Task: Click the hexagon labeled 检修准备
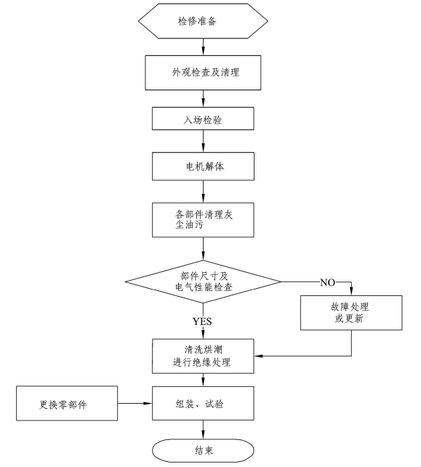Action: click(203, 21)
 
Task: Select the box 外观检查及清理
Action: click(203, 73)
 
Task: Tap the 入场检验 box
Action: click(203, 119)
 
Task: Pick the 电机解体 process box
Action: click(203, 166)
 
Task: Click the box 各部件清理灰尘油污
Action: click(203, 220)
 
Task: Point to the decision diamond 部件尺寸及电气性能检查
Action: click(203, 282)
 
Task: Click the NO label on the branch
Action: click(327, 282)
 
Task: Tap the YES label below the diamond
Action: click(202, 322)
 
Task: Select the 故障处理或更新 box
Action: click(351, 313)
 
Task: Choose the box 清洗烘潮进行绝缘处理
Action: click(203, 356)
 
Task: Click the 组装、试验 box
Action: click(203, 403)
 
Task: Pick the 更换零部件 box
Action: click(67, 403)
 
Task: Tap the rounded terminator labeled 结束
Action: click(203, 450)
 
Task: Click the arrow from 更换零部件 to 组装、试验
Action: click(135, 403)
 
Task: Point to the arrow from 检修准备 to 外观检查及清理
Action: click(204, 47)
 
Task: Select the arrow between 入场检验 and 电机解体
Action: click(204, 141)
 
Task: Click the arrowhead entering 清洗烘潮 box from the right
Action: click(258, 356)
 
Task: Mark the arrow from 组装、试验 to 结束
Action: click(204, 429)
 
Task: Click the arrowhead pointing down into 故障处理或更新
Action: click(351, 291)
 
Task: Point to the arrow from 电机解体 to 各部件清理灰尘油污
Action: click(204, 191)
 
